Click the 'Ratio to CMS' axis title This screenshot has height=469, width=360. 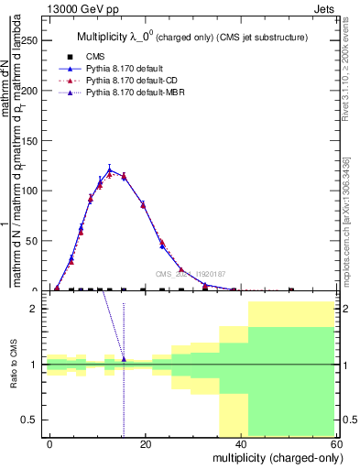[14, 365]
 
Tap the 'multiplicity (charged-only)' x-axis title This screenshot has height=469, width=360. [272, 456]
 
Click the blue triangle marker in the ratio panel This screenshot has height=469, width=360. [124, 359]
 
